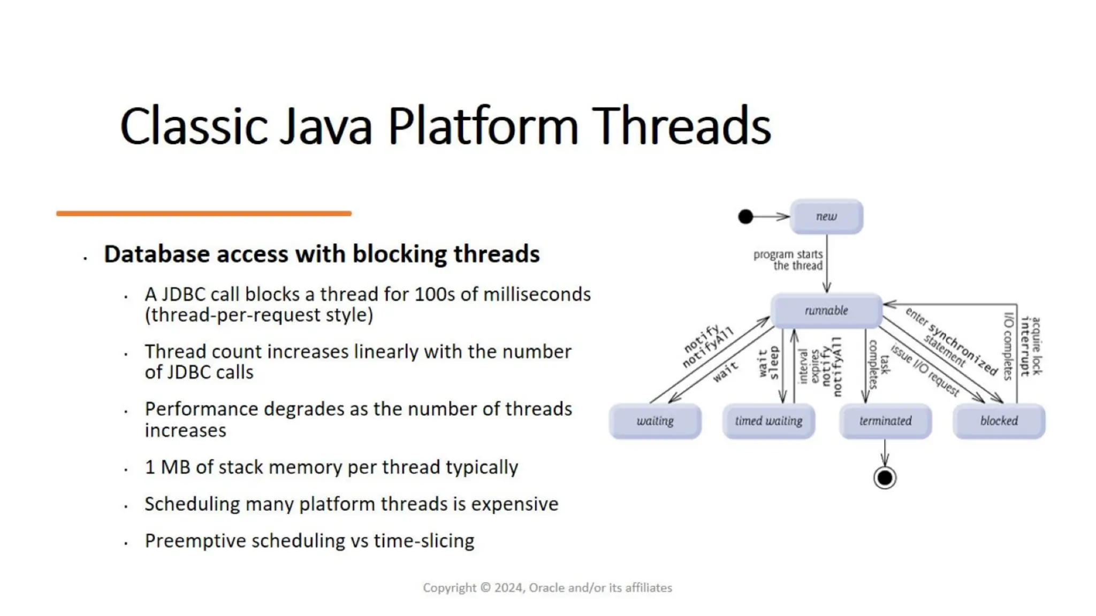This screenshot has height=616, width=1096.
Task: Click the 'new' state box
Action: (x=826, y=217)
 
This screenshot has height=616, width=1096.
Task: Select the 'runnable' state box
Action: (x=826, y=311)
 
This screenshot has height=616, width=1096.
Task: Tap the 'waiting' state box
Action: (x=655, y=421)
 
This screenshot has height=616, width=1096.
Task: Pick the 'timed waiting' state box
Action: (x=768, y=421)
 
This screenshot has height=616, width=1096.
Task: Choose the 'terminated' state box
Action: (x=885, y=421)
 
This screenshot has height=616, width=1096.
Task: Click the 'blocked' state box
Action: (x=999, y=421)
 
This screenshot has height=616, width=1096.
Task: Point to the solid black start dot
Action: (x=745, y=217)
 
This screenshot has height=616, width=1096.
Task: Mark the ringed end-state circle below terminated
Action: (x=885, y=478)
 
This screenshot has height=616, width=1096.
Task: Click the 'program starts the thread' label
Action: (x=788, y=260)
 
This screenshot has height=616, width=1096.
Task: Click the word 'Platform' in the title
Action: (x=483, y=126)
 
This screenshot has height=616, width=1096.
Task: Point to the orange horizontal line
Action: (x=203, y=213)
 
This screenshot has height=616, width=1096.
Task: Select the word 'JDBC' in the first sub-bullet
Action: (x=184, y=295)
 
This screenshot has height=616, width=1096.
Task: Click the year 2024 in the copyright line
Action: (x=508, y=588)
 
